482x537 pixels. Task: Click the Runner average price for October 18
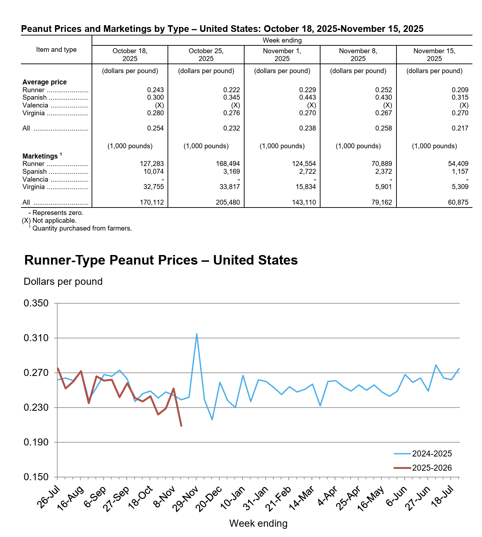pyautogui.click(x=155, y=90)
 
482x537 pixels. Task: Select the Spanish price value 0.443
pyautogui.click(x=307, y=98)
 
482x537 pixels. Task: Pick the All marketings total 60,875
pyautogui.click(x=458, y=203)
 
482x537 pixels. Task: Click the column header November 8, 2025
pyautogui.click(x=358, y=55)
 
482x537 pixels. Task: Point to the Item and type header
pyautogui.click(x=56, y=50)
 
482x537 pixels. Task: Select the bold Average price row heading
pyautogui.click(x=45, y=82)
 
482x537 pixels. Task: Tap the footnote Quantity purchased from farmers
pyautogui.click(x=82, y=228)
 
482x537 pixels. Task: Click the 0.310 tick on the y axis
pyautogui.click(x=36, y=338)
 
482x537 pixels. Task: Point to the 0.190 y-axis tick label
pyautogui.click(x=36, y=442)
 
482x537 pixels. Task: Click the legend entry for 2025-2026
pyautogui.click(x=432, y=468)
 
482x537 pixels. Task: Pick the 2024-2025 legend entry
pyautogui.click(x=432, y=454)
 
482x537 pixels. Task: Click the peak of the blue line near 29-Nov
pyautogui.click(x=197, y=334)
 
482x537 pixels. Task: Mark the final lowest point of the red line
pyautogui.click(x=181, y=426)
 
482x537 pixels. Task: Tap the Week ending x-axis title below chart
pyautogui.click(x=258, y=524)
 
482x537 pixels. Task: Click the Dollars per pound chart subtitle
pyautogui.click(x=63, y=282)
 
